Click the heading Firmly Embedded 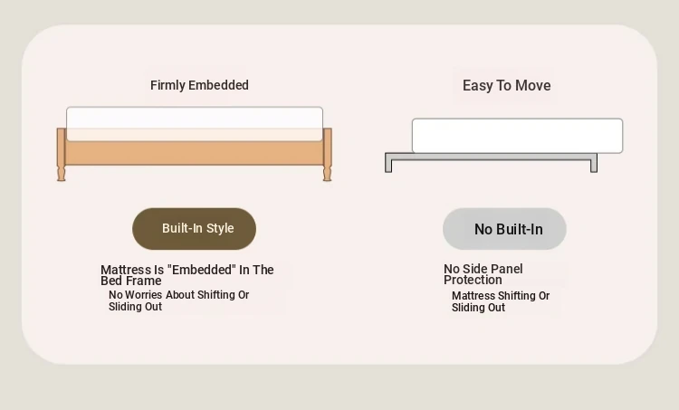(199, 85)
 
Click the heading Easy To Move (507, 86)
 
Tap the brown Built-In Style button (194, 229)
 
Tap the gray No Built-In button (504, 229)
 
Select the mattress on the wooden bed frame (195, 124)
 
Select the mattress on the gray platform (517, 136)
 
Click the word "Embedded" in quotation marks (204, 270)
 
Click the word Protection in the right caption (473, 280)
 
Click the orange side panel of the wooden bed (195, 153)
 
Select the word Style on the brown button (220, 228)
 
